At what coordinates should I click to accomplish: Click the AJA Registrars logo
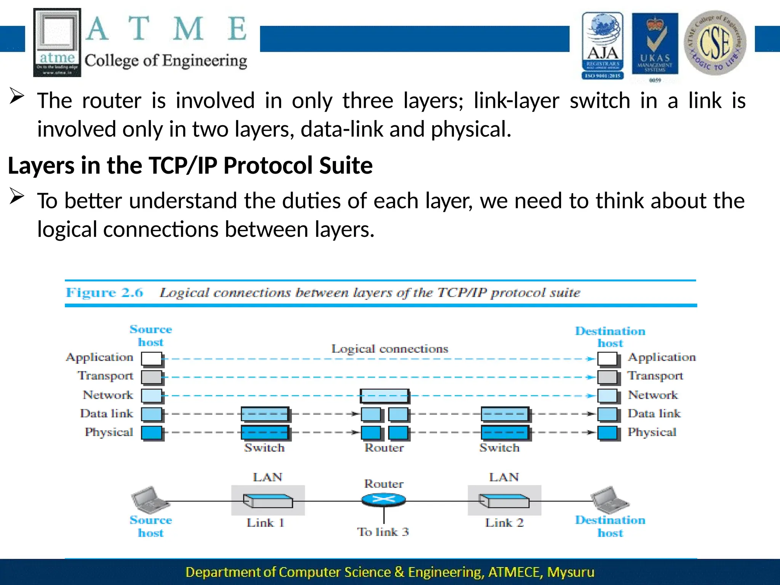tap(603, 45)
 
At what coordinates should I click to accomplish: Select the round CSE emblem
tap(715, 43)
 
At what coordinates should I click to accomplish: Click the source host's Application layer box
tap(152, 358)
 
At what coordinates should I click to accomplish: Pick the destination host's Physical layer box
tap(607, 433)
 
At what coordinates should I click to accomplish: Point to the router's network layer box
tap(384, 396)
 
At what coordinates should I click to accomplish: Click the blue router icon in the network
tap(384, 499)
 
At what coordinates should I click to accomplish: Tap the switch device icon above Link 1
tap(268, 500)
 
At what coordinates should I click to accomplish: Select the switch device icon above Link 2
tap(504, 500)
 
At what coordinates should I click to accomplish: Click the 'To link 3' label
tap(383, 532)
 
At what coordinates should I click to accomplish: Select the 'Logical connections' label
tap(390, 348)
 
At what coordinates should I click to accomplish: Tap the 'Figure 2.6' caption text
tap(104, 292)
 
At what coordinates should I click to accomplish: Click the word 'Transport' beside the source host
tap(105, 376)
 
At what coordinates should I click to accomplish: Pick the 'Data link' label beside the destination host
tap(654, 413)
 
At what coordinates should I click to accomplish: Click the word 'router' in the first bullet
tap(112, 101)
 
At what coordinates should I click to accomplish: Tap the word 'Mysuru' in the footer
tap(571, 572)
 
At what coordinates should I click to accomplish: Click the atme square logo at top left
tap(57, 42)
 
